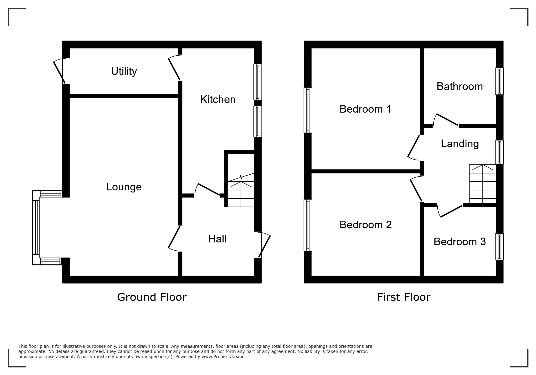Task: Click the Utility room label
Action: (124, 71)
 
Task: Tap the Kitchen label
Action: (218, 100)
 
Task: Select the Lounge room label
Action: (124, 187)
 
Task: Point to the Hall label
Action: (217, 239)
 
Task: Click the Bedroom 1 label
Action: (365, 109)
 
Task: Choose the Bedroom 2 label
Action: (365, 225)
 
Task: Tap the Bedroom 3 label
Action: (459, 242)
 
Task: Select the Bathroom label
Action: (459, 87)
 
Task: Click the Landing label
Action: (459, 144)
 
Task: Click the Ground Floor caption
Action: (152, 297)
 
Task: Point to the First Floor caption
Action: (403, 297)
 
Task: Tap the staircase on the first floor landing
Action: (482, 184)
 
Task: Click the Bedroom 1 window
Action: (308, 110)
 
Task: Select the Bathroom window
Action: (499, 81)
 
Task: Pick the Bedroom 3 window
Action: (499, 246)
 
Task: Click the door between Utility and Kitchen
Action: (175, 68)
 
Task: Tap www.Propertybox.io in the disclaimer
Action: (223, 357)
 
